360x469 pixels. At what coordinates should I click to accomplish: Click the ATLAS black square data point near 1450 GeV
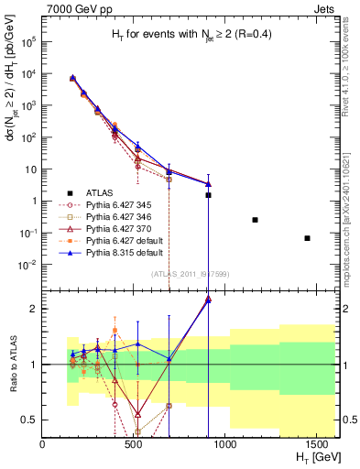point(307,238)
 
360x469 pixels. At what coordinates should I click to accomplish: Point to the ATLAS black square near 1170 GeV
point(255,220)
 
